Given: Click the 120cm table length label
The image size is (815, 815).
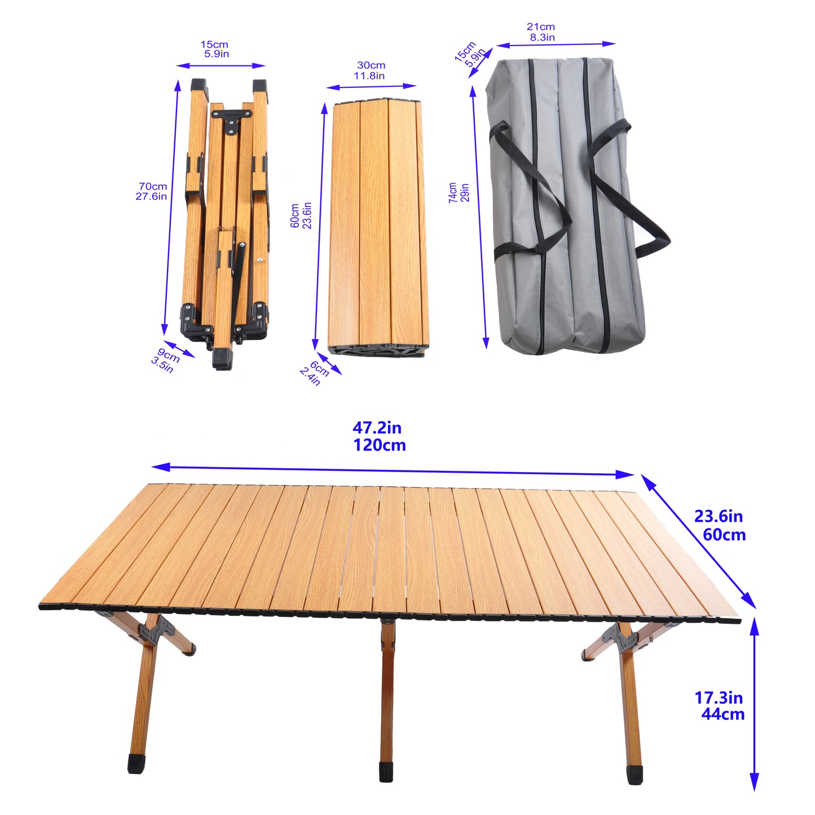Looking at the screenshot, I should (x=379, y=446).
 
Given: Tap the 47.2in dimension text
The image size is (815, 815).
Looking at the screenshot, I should (x=377, y=428).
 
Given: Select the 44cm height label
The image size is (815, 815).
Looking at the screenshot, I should (x=723, y=714).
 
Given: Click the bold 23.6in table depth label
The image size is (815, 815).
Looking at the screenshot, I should (x=718, y=516).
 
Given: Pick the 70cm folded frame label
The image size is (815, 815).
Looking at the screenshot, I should (x=153, y=186).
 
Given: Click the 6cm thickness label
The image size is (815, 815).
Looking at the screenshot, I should (x=319, y=368).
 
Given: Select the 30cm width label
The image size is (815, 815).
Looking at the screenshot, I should (x=371, y=65).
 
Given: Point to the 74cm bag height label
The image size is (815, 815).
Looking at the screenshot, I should (x=452, y=192).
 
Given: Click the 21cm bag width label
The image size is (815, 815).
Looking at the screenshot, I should (x=540, y=27).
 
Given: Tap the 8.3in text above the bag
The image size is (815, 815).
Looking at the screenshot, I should (x=542, y=37).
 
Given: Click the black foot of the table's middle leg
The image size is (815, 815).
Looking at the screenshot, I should (x=386, y=772).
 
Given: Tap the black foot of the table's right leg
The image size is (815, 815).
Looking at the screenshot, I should (x=635, y=774).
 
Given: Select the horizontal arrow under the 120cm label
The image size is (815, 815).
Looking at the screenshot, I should (x=393, y=470).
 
